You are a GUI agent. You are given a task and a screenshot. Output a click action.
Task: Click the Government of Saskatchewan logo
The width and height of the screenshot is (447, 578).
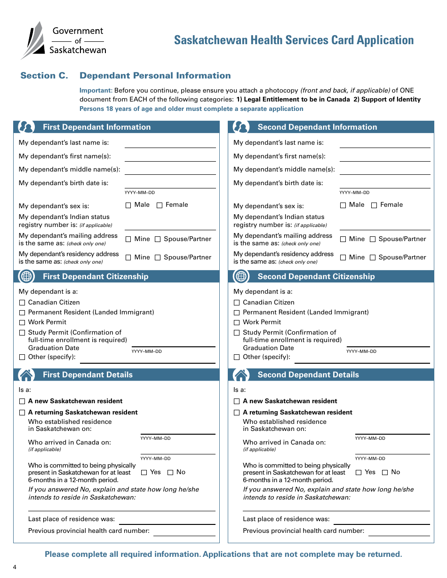click(63, 40)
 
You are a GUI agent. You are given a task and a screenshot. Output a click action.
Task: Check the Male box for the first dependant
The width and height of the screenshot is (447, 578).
click(128, 205)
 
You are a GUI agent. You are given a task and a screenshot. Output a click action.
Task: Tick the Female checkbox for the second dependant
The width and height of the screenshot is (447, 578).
click(374, 205)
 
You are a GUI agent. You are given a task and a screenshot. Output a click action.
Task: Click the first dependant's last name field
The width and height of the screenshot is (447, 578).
click(170, 143)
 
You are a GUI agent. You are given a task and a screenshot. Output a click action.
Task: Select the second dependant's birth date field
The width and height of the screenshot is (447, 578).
click(384, 183)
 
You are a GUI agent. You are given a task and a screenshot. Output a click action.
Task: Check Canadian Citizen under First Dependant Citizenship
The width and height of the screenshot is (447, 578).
click(22, 303)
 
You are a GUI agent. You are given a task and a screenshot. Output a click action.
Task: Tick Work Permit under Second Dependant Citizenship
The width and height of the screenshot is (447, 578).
click(237, 322)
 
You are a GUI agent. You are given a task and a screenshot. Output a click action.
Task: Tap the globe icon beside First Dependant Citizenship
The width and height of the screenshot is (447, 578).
click(26, 276)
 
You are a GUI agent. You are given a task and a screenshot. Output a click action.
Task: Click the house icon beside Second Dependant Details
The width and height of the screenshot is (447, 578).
click(241, 375)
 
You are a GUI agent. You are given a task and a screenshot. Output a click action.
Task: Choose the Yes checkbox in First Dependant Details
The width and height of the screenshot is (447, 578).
click(144, 472)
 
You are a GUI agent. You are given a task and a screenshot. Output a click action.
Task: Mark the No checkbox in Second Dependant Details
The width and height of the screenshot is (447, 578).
click(385, 472)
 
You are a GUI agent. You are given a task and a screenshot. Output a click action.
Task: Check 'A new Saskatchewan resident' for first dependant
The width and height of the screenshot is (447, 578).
click(22, 401)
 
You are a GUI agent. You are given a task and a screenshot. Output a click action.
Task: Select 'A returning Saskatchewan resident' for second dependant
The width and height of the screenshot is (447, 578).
click(237, 413)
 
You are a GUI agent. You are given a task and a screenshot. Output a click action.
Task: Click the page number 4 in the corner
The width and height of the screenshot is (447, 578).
click(15, 567)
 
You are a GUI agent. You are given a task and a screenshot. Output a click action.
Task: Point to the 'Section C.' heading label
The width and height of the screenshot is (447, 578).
click(44, 76)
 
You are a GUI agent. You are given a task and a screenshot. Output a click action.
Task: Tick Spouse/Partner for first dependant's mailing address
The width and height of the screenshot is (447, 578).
click(158, 239)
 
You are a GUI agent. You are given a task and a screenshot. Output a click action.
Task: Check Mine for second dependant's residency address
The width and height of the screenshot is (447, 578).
click(343, 258)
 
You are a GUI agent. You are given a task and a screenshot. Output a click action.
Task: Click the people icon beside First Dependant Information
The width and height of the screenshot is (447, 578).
click(26, 127)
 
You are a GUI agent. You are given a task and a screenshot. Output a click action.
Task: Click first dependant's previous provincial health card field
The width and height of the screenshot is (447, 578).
click(184, 531)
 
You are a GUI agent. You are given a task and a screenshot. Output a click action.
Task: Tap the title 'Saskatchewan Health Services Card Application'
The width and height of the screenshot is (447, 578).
click(294, 40)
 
